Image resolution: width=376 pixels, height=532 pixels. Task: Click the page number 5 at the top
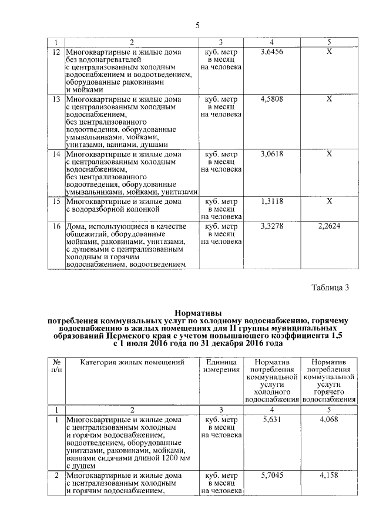click(x=197, y=25)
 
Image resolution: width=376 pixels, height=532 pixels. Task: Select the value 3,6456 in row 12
click(x=271, y=52)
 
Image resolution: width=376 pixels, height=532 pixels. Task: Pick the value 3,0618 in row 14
click(x=271, y=153)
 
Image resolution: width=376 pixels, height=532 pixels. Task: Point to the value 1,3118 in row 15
click(x=271, y=201)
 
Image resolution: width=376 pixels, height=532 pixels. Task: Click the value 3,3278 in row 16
click(x=271, y=226)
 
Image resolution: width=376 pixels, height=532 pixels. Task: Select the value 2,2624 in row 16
click(x=329, y=226)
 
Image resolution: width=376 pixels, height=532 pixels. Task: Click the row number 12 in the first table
click(x=56, y=52)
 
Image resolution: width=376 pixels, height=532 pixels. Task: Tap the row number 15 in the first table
click(x=56, y=201)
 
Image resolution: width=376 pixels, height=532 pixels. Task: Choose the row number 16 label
click(x=56, y=226)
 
